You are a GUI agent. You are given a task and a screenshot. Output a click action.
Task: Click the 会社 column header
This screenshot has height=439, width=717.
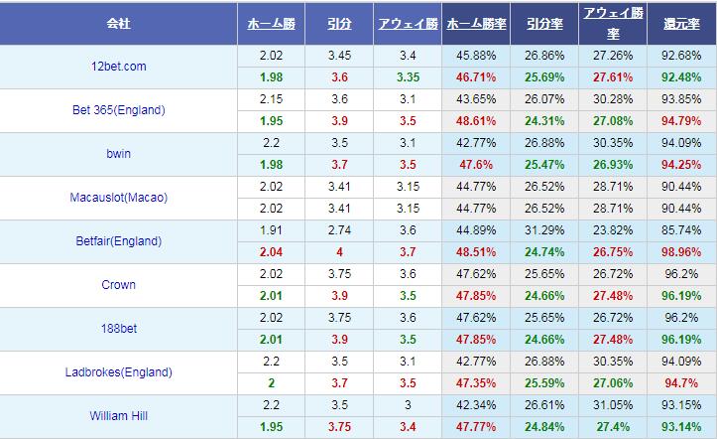tap(120, 23)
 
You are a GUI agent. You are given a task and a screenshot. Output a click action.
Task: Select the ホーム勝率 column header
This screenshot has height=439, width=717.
tap(473, 23)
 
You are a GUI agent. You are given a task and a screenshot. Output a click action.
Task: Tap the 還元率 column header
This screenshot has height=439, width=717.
tap(683, 23)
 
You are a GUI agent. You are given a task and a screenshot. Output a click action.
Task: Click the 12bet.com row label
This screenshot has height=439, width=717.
tap(120, 67)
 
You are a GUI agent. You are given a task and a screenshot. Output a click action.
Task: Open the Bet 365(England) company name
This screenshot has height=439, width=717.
tap(120, 110)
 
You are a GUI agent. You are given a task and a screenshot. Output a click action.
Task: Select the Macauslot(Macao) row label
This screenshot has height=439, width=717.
tap(120, 198)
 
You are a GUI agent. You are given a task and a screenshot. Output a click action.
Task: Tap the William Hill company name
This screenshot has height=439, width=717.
tap(120, 416)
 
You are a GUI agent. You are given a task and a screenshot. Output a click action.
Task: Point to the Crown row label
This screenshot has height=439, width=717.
tap(120, 285)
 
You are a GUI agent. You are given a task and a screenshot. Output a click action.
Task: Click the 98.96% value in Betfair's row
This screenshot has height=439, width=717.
tap(683, 252)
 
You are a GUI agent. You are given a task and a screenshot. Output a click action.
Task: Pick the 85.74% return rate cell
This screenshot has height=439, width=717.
tap(683, 230)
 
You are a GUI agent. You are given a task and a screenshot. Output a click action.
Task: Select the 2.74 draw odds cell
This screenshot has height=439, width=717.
tap(338, 230)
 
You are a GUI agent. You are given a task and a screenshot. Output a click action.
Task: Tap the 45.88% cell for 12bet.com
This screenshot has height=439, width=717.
tap(473, 56)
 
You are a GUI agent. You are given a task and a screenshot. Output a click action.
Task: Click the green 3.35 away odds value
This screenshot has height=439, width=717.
tap(408, 77)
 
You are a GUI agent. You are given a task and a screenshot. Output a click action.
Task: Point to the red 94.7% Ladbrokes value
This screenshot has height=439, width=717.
tap(683, 383)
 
